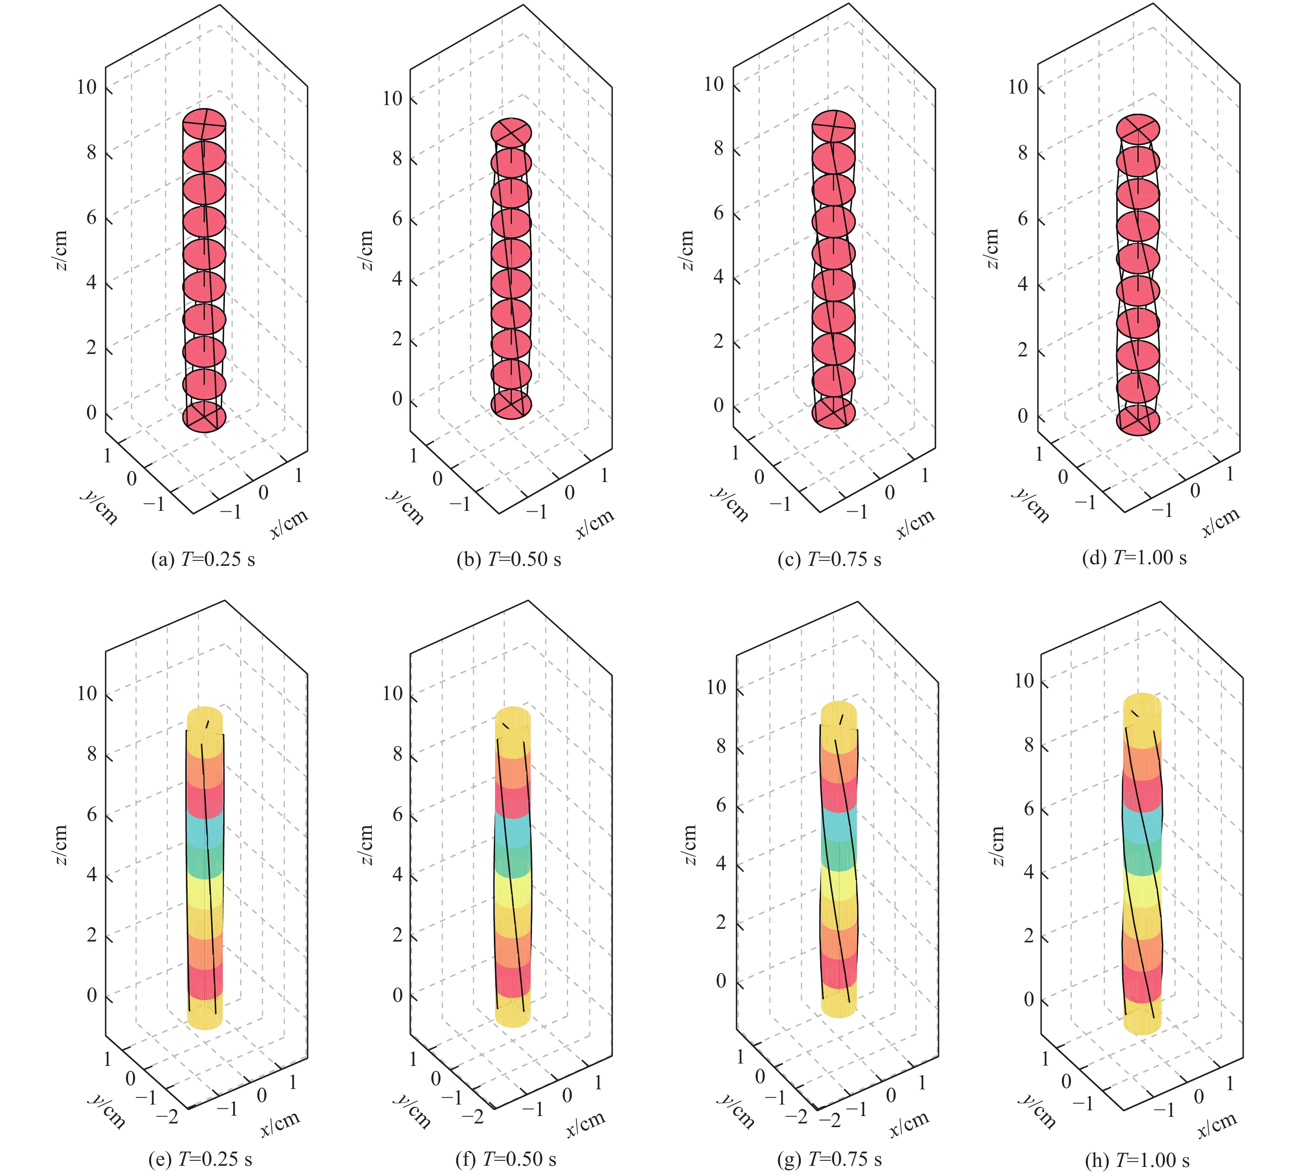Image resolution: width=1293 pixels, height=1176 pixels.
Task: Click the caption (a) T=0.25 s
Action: tap(203, 559)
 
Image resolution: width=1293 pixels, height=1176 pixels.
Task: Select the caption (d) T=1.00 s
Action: tap(1134, 558)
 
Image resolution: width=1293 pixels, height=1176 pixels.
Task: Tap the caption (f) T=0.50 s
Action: tap(506, 1159)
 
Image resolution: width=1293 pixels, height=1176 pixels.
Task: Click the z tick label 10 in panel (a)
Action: tap(87, 87)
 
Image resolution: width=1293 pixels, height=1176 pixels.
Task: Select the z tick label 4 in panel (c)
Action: tap(718, 277)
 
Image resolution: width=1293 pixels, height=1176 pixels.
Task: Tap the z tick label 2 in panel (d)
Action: tap(1023, 350)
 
